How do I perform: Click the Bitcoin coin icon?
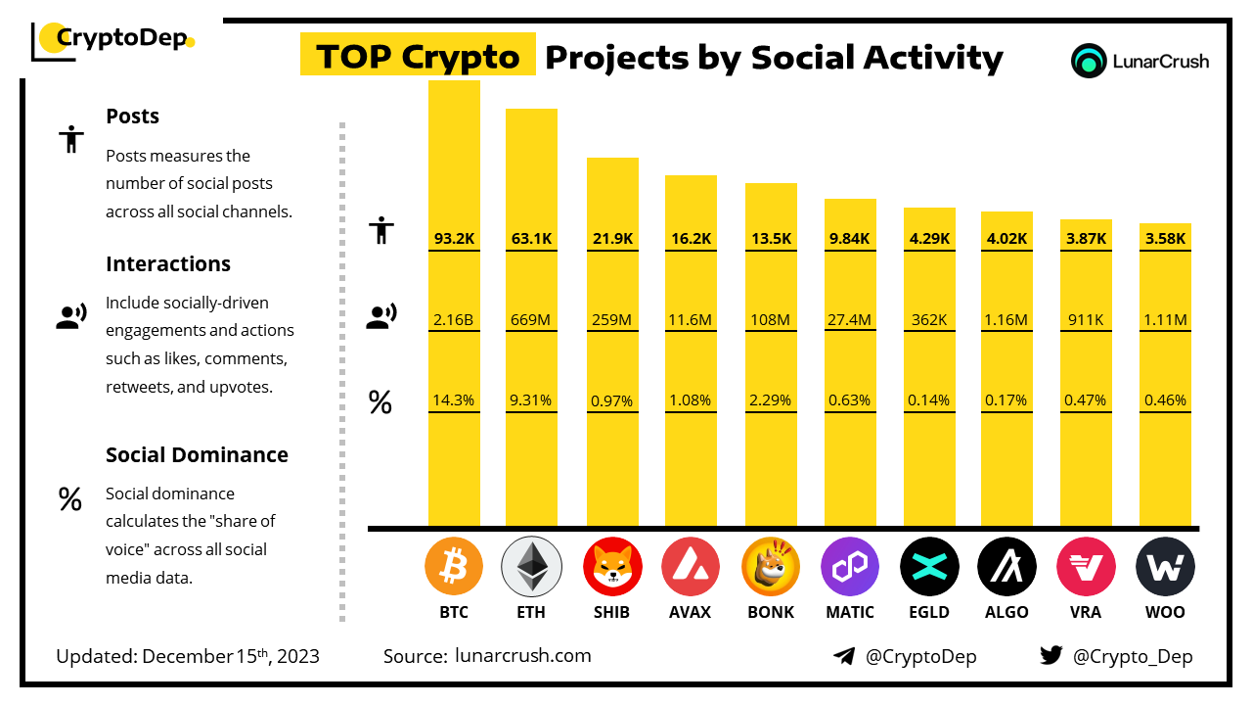(x=454, y=567)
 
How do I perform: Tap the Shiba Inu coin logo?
(x=612, y=567)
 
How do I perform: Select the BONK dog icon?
(x=770, y=567)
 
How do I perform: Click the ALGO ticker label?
(x=1006, y=612)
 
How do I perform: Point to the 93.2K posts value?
(x=454, y=238)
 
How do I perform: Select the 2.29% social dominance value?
(x=770, y=399)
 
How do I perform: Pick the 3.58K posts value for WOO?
(x=1165, y=238)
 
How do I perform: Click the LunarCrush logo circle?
(x=1089, y=61)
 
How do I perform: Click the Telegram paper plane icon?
(x=844, y=656)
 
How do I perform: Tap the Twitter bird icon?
(x=1051, y=656)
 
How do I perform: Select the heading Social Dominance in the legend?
(x=197, y=454)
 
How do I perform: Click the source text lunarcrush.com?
(x=523, y=655)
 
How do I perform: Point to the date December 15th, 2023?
(x=231, y=656)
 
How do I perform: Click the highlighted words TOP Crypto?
(x=418, y=57)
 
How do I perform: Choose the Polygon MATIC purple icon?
(x=850, y=567)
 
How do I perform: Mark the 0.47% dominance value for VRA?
(x=1086, y=399)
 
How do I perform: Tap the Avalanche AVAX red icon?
(x=691, y=567)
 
